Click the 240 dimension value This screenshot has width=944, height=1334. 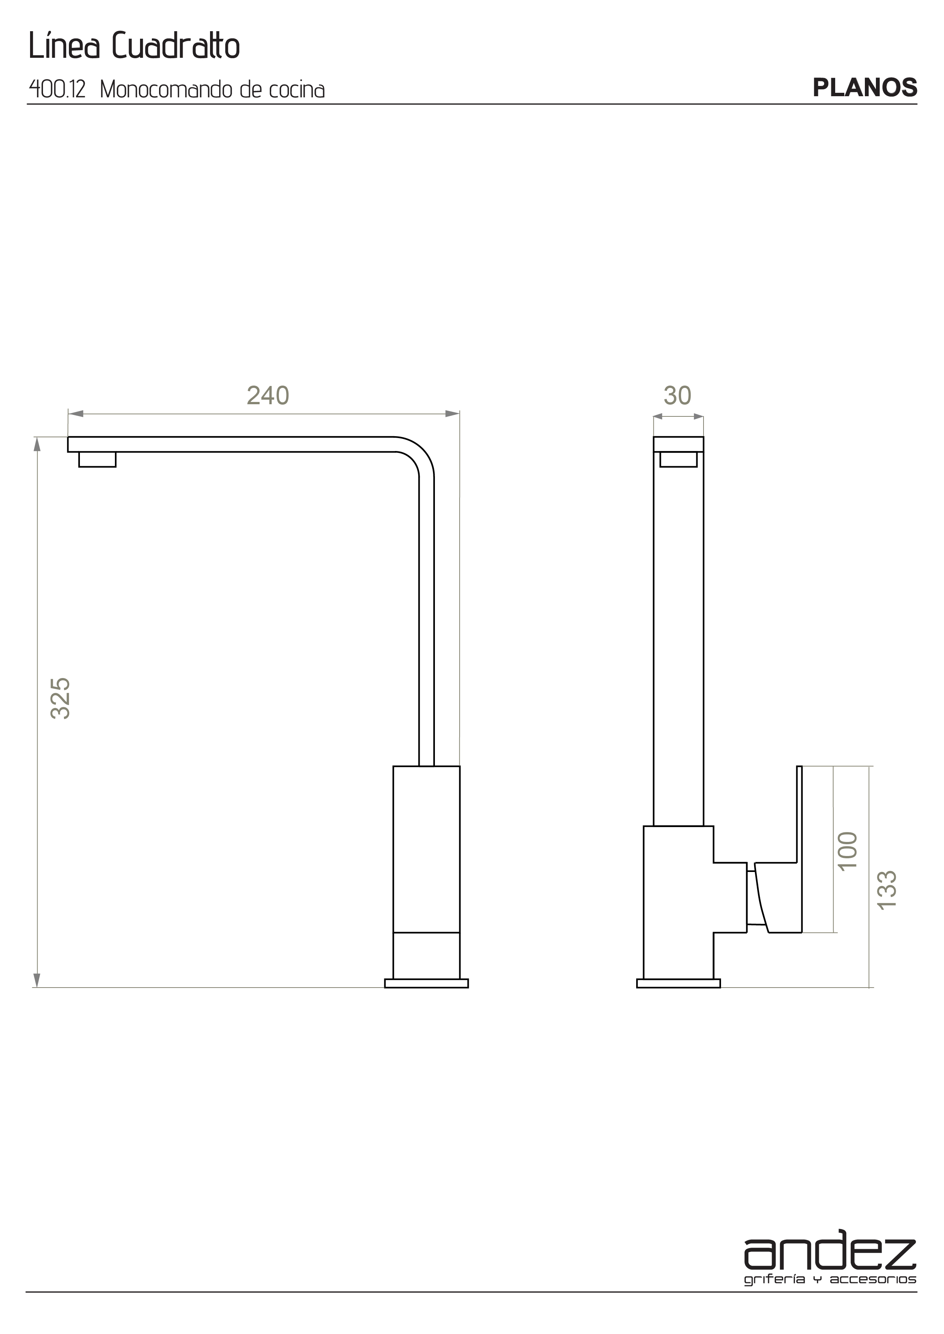pos(268,395)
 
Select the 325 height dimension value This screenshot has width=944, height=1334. pos(60,699)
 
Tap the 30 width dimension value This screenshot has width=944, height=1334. pos(677,395)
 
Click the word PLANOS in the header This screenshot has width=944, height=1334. pos(865,87)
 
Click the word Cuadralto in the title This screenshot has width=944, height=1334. pos(175,46)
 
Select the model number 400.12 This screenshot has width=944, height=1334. pos(57,89)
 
